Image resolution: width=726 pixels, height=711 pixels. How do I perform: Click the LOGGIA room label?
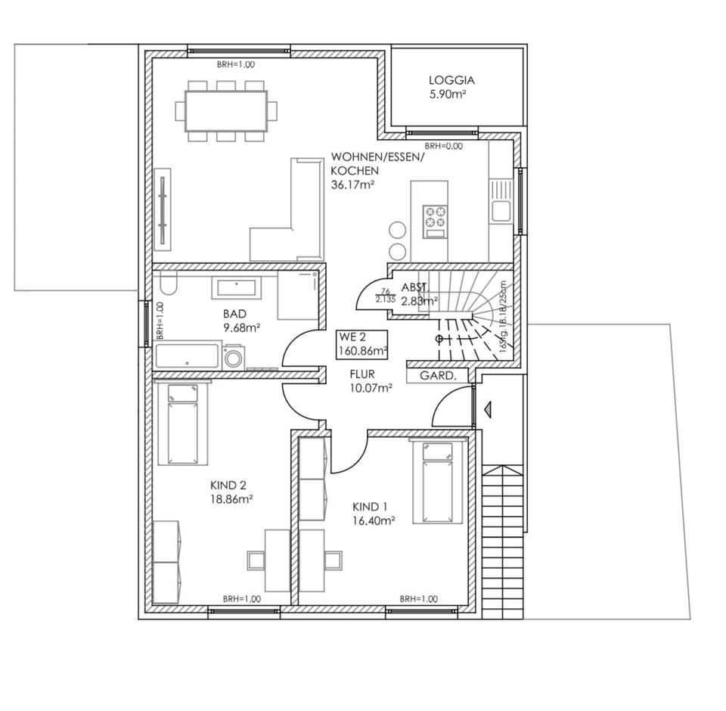(x=451, y=79)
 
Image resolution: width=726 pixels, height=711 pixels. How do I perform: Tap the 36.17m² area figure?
(x=353, y=184)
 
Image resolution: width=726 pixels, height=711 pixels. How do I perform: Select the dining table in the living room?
(x=226, y=111)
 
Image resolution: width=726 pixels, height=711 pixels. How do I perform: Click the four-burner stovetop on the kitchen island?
(x=436, y=217)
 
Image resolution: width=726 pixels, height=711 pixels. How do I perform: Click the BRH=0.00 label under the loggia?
(x=443, y=146)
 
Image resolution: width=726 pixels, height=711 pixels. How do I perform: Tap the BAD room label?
(x=235, y=313)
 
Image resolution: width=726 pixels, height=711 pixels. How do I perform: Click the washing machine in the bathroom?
(x=233, y=356)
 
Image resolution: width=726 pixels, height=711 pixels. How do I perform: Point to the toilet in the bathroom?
(x=168, y=284)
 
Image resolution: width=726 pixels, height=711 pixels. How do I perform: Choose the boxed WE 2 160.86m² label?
(x=364, y=343)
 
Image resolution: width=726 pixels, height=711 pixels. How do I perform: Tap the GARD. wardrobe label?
(x=438, y=375)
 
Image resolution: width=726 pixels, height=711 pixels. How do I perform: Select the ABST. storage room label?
(x=415, y=287)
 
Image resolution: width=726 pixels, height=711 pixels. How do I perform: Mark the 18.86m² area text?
(x=231, y=499)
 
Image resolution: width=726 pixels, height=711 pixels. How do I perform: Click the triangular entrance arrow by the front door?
(x=488, y=409)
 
